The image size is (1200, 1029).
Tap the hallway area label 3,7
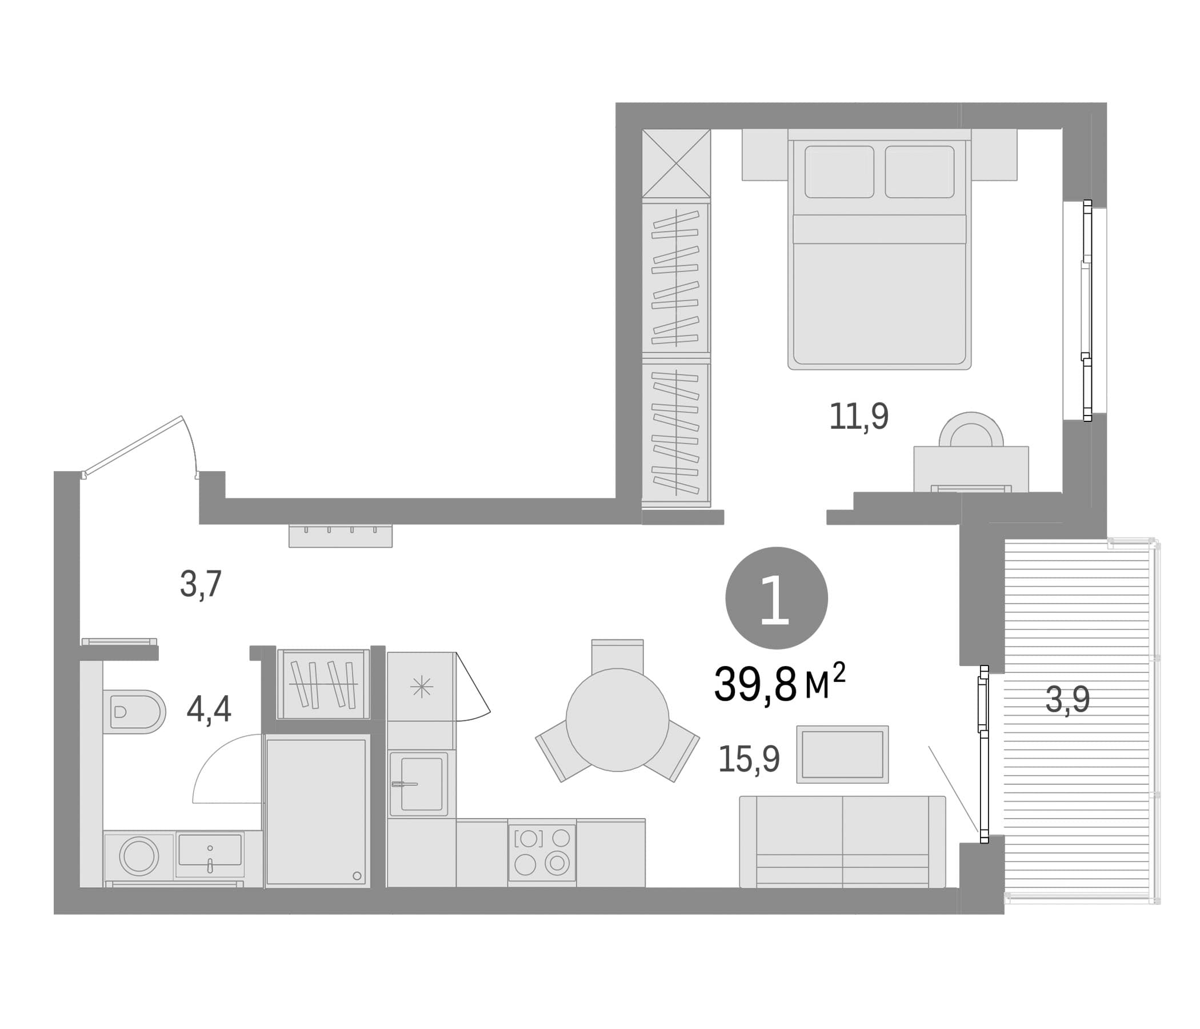[x=201, y=584]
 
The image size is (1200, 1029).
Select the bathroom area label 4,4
[x=209, y=709]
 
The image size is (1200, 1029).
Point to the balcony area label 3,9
[x=1067, y=700]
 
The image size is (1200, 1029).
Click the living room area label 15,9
[x=749, y=759]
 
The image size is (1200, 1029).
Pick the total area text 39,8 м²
[x=779, y=684]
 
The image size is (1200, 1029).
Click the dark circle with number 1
[x=777, y=598]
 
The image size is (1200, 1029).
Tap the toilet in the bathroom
[x=134, y=712]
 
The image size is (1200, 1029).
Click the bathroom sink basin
[x=210, y=849]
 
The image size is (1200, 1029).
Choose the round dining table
[x=617, y=720]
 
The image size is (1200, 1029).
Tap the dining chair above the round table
[x=617, y=656]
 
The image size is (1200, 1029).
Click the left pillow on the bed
[x=839, y=171]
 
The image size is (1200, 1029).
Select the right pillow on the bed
[x=919, y=171]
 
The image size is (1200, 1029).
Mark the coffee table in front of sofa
[x=842, y=755]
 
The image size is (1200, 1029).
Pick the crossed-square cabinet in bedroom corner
[x=677, y=163]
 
